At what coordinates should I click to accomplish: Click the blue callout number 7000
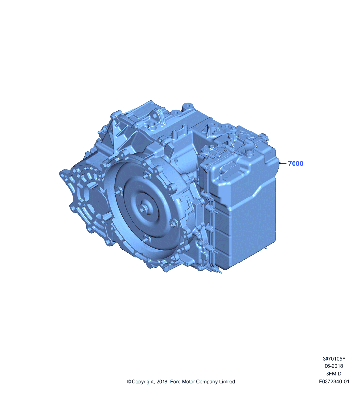pyautogui.click(x=295, y=164)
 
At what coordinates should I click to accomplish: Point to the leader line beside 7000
pyautogui.click(x=283, y=163)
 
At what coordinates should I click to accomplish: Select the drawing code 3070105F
pyautogui.click(x=334, y=359)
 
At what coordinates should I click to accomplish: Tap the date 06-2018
pyautogui.click(x=333, y=366)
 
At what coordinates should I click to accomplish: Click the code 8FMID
pyautogui.click(x=333, y=374)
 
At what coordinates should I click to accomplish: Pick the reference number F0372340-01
pyautogui.click(x=334, y=381)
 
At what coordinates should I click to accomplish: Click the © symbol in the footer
pyautogui.click(x=129, y=382)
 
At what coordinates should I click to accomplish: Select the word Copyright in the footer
pyautogui.click(x=143, y=382)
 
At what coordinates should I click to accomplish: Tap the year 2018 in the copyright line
pyautogui.click(x=162, y=382)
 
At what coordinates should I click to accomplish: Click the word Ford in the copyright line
pyautogui.click(x=175, y=382)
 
